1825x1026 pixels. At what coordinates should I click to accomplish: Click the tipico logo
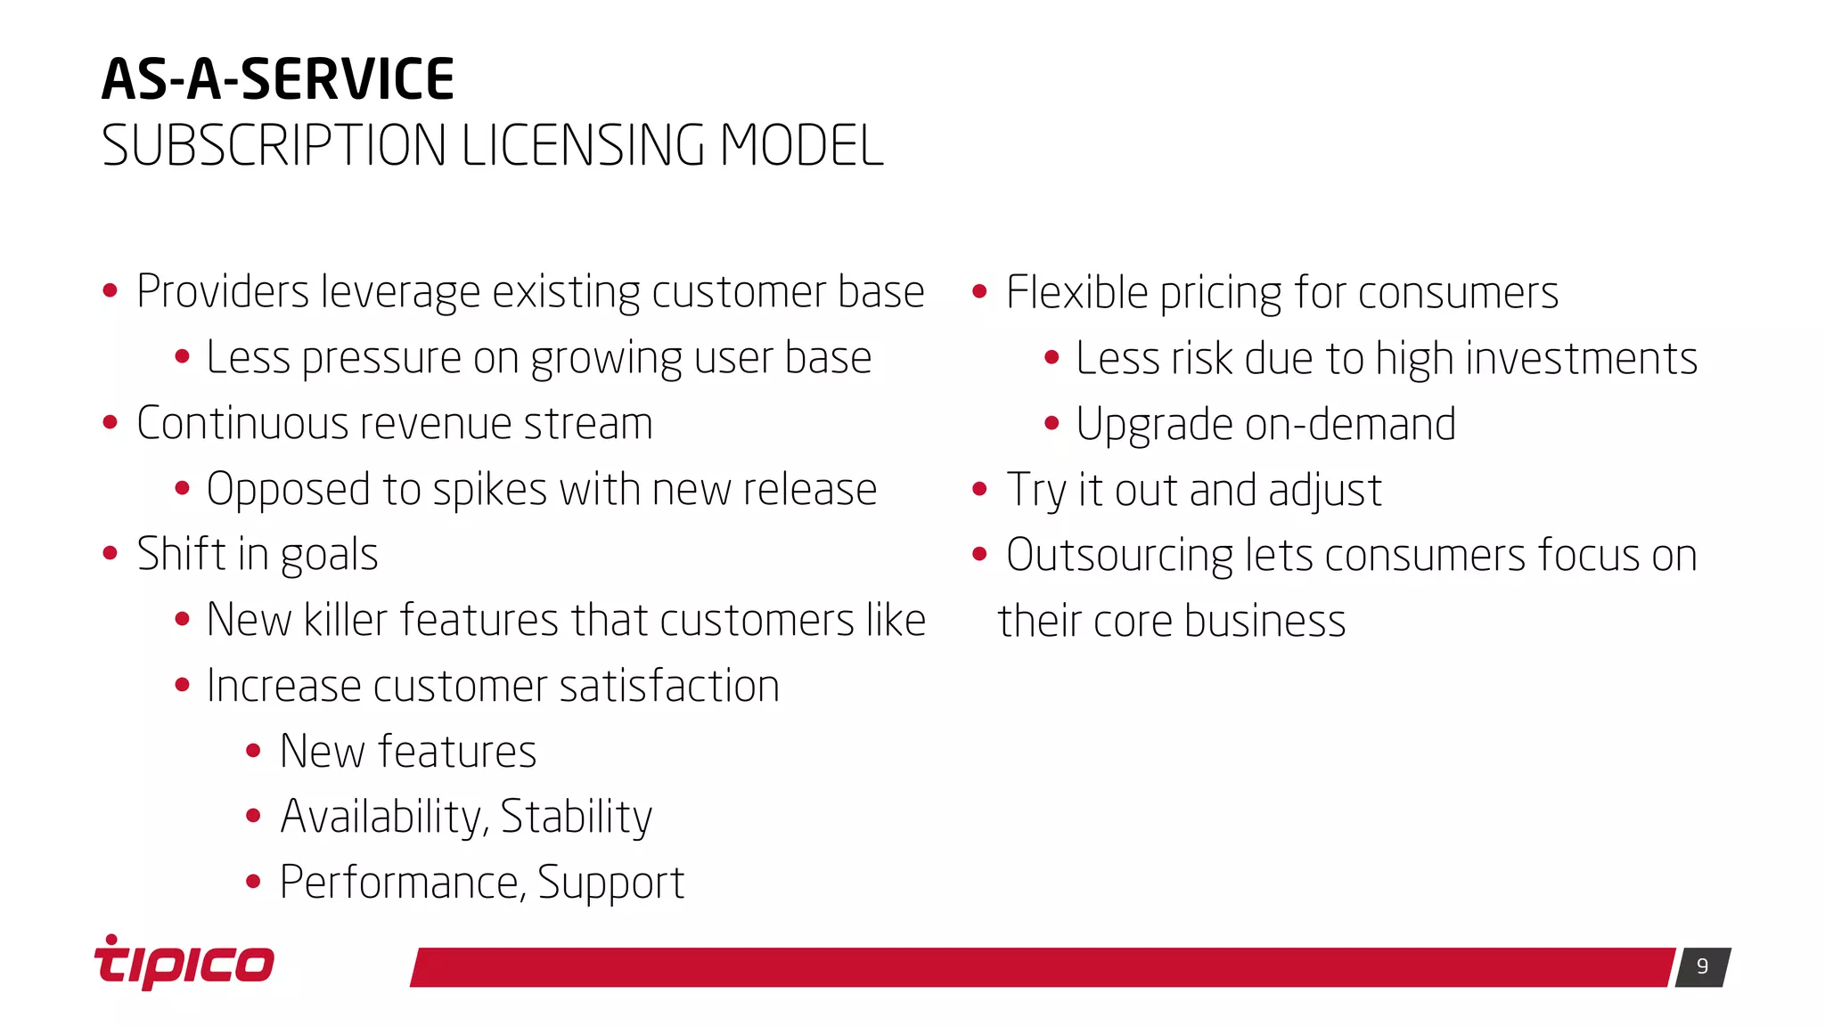point(184,964)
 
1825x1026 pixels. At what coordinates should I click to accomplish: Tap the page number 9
point(1702,966)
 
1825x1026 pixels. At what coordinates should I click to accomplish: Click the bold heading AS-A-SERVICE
point(278,79)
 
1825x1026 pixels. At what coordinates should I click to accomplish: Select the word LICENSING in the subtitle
point(583,146)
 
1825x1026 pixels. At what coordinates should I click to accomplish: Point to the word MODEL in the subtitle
point(801,146)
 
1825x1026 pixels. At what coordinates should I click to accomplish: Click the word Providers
point(223,292)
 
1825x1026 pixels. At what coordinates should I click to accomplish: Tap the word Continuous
point(236,424)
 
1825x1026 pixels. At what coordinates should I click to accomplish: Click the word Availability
point(384,817)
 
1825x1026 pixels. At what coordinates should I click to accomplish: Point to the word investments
point(1582,358)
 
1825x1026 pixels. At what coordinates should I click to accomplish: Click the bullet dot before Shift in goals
point(110,554)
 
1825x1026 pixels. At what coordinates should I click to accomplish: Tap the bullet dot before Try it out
point(980,489)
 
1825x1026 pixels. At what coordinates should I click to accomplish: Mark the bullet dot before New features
point(253,751)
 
